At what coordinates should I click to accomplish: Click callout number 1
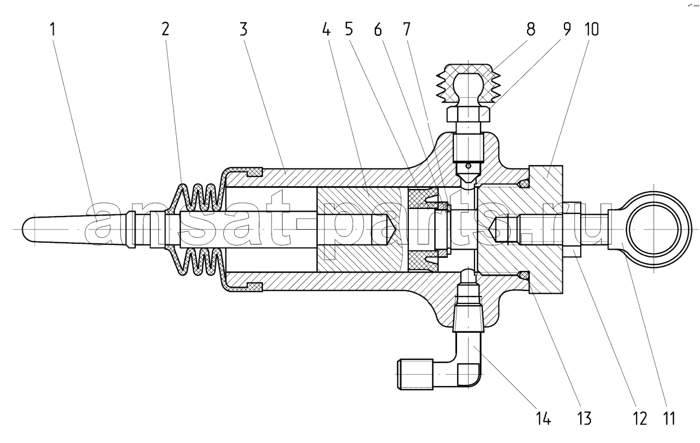tap(53, 29)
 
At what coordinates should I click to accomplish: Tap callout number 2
tap(165, 29)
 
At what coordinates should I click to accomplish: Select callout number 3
tap(243, 29)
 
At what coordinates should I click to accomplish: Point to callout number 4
tap(326, 29)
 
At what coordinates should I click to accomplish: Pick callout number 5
tap(349, 29)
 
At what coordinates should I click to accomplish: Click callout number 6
tap(378, 29)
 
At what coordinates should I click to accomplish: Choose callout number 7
tap(406, 29)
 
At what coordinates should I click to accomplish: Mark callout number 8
tap(531, 29)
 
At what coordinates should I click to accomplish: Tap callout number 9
tap(567, 29)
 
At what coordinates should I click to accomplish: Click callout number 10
tap(591, 29)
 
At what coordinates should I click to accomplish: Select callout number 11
tap(669, 418)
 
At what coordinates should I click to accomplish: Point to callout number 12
tap(640, 418)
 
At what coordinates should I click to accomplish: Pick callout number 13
tap(584, 418)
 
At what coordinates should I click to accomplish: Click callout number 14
tap(544, 418)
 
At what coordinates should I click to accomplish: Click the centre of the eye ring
tap(654, 230)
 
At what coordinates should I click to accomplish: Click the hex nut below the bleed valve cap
tap(468, 115)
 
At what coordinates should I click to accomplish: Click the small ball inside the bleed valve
tap(468, 166)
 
